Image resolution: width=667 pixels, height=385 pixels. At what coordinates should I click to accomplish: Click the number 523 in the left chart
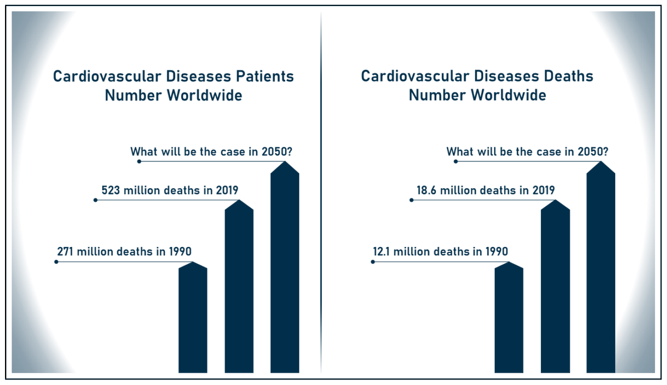tap(111, 190)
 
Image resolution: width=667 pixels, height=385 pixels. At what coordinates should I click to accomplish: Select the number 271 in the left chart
tap(66, 251)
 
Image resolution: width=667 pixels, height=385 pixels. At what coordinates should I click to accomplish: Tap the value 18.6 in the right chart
tap(427, 190)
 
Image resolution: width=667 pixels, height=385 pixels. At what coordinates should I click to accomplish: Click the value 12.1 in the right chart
tap(382, 251)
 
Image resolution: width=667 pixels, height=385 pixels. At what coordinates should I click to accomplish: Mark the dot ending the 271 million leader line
tap(56, 261)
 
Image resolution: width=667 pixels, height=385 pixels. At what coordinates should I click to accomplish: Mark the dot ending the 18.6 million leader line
tap(411, 200)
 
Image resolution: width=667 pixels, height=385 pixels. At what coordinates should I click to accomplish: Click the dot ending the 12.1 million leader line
tap(372, 261)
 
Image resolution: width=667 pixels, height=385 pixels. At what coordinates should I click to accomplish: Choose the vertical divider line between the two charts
tap(321, 194)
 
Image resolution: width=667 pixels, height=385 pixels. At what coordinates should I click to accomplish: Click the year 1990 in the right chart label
tap(496, 251)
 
